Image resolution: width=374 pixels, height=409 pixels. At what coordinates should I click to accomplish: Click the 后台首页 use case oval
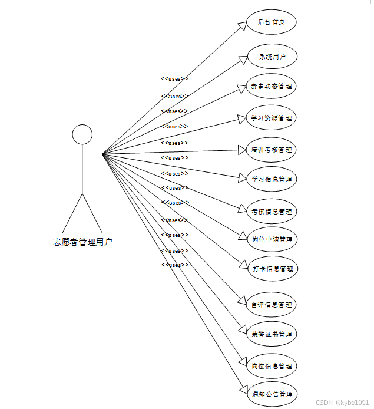271,22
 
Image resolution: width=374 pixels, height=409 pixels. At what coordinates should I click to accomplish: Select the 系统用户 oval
272,57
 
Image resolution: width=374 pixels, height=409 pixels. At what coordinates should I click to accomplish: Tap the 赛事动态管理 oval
272,86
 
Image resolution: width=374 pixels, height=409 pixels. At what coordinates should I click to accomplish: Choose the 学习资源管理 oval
272,118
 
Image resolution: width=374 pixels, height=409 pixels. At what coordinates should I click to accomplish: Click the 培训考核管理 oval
272,150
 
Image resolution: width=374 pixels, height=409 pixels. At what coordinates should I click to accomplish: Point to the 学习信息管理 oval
272,179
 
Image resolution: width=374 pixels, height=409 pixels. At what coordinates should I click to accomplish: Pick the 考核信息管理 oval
272,211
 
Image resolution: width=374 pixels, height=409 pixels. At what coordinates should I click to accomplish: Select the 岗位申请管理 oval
272,239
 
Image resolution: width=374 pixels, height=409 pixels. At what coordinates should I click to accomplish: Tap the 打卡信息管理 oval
272,269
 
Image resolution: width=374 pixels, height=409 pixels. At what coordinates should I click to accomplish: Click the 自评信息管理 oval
272,305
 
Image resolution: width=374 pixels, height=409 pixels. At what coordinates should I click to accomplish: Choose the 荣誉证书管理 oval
272,334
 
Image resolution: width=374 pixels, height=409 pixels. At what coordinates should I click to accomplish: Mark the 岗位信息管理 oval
272,366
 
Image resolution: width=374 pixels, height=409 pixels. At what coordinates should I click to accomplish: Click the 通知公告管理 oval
272,394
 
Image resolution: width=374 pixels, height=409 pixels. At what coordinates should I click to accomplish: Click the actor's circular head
82,134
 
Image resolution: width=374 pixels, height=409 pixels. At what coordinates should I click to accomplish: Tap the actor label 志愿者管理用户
82,242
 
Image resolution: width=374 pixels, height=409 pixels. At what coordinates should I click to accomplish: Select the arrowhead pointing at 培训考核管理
241,150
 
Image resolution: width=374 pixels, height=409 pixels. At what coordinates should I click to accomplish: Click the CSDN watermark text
342,403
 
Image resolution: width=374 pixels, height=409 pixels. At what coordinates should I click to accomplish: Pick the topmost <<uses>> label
175,78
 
